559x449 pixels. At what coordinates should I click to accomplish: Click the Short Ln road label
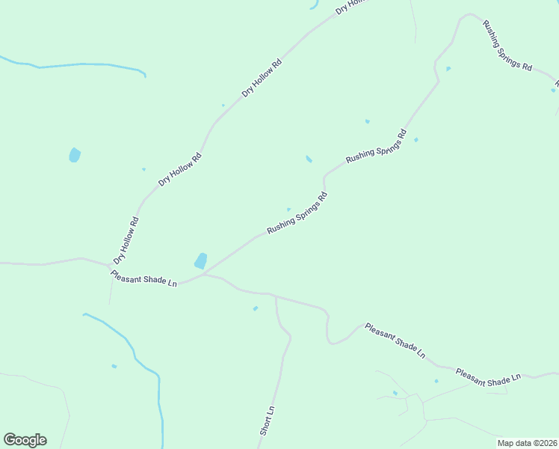click(x=268, y=421)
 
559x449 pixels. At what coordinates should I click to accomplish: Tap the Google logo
click(x=25, y=440)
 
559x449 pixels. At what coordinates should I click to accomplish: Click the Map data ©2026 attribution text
click(x=527, y=443)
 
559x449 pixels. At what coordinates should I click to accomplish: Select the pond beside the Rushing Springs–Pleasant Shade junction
click(x=200, y=260)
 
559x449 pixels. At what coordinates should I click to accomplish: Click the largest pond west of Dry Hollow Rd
click(x=74, y=155)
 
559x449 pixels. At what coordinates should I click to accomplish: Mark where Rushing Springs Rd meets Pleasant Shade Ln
click(x=204, y=274)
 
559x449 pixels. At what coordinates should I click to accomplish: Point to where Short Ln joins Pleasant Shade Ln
click(x=276, y=296)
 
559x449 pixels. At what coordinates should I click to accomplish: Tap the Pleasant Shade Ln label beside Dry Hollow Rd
click(x=143, y=279)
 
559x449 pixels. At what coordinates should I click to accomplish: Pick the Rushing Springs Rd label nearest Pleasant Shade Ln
click(x=297, y=214)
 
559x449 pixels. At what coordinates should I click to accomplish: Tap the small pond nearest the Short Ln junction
click(x=256, y=308)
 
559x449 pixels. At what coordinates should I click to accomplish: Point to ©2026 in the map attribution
click(x=542, y=443)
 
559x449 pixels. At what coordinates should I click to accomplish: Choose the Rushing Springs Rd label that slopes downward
click(x=507, y=46)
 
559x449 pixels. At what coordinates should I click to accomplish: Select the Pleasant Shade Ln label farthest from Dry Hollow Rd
click(x=487, y=378)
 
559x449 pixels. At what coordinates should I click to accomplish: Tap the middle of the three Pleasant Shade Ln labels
click(x=395, y=340)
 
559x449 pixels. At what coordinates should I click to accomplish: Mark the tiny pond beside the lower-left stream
click(x=114, y=366)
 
